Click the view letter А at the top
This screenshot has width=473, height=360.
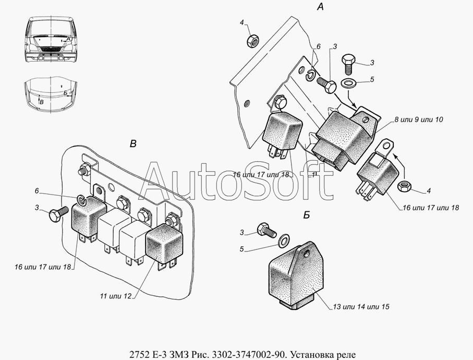(320, 7)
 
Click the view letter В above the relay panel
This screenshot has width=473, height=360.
(133, 144)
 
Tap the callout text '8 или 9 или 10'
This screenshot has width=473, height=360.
(418, 119)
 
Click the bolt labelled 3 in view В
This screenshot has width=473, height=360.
(56, 214)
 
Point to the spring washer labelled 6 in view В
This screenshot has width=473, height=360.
(81, 199)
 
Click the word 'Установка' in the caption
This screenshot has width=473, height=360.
(302, 354)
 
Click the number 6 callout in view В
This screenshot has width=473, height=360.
(37, 191)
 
